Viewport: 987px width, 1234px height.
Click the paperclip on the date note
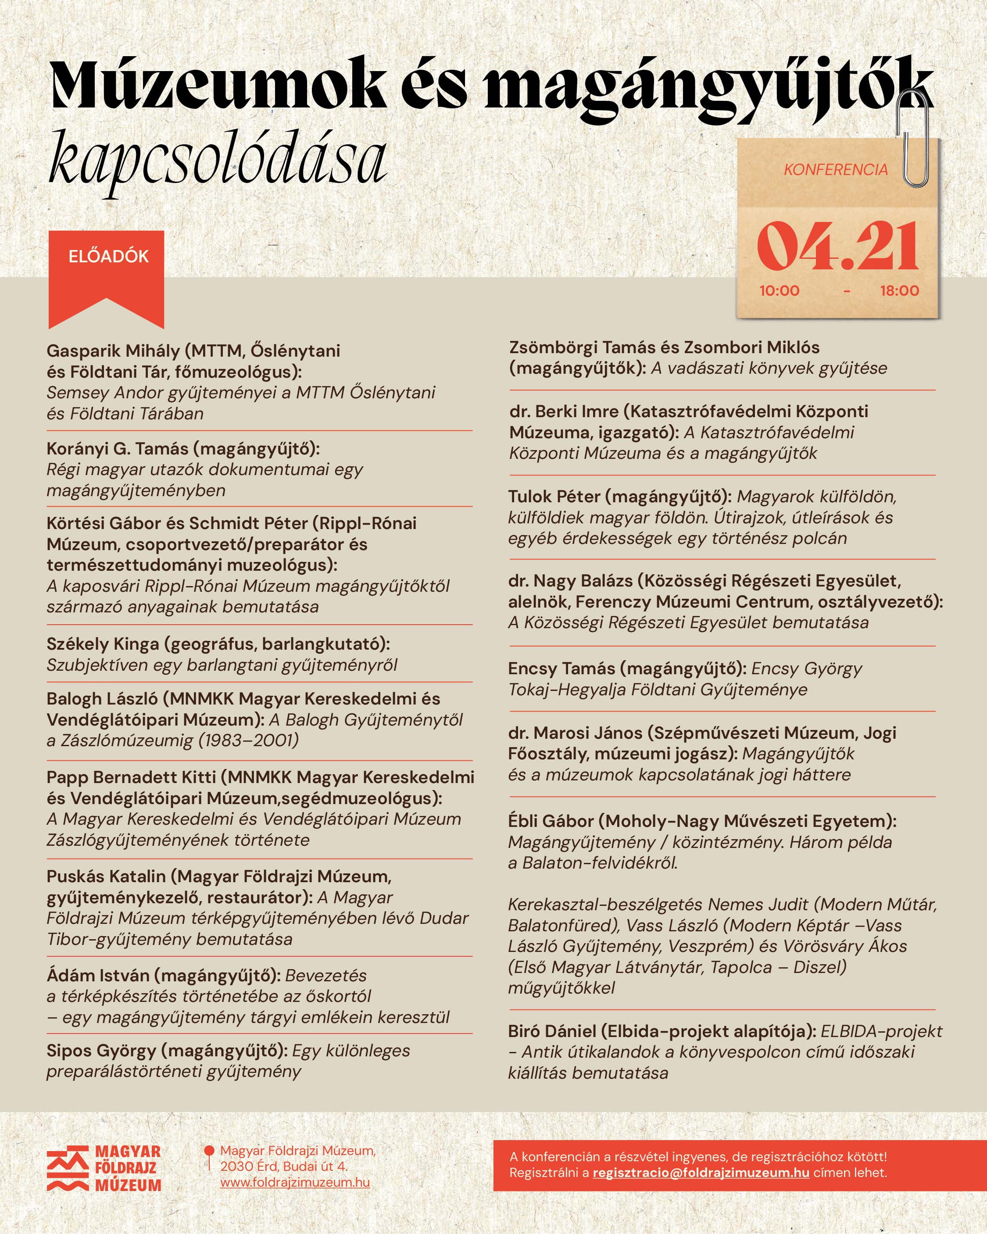pyautogui.click(x=916, y=140)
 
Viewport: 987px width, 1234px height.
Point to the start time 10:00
pyautogui.click(x=779, y=291)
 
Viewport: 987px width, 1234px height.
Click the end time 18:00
pyautogui.click(x=899, y=291)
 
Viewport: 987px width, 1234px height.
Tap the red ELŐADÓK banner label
pyautogui.click(x=108, y=257)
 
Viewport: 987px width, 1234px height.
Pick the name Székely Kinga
pyautogui.click(x=103, y=644)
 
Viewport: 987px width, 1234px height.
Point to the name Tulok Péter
pyautogui.click(x=554, y=497)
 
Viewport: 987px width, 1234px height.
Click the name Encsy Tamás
pyautogui.click(x=561, y=669)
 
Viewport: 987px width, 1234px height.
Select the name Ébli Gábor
pyautogui.click(x=551, y=821)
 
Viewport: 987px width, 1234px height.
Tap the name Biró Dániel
pyautogui.click(x=552, y=1031)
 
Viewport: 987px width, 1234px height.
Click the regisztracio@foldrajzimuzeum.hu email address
pyautogui.click(x=701, y=1173)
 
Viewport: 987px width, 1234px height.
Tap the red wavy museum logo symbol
pyautogui.click(x=68, y=1168)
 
